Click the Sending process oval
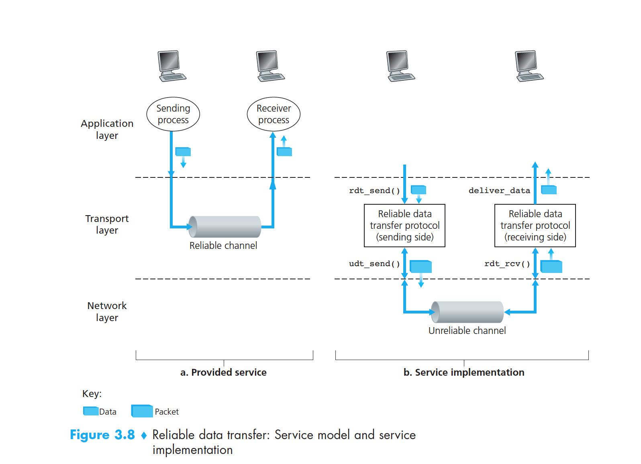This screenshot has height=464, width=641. click(173, 114)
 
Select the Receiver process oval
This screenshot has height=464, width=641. click(274, 114)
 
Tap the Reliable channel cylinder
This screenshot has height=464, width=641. click(225, 227)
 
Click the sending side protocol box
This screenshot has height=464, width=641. click(404, 226)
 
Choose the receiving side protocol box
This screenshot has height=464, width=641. click(535, 226)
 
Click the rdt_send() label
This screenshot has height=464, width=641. click(374, 191)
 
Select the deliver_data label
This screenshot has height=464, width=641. click(499, 191)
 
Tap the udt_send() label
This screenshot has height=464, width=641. click(374, 264)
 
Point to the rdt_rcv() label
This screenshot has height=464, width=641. click(507, 264)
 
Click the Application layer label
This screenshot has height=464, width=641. click(107, 129)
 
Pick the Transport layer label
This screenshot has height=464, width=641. click(107, 224)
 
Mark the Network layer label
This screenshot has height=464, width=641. click(107, 311)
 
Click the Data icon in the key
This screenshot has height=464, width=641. click(91, 411)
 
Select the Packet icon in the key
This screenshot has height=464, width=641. click(142, 411)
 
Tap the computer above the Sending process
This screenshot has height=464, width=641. click(171, 66)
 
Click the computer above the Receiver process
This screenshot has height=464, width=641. click(270, 66)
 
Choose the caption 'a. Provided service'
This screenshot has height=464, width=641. click(223, 372)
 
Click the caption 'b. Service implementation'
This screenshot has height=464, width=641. click(464, 372)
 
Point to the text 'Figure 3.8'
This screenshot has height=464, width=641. click(102, 435)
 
